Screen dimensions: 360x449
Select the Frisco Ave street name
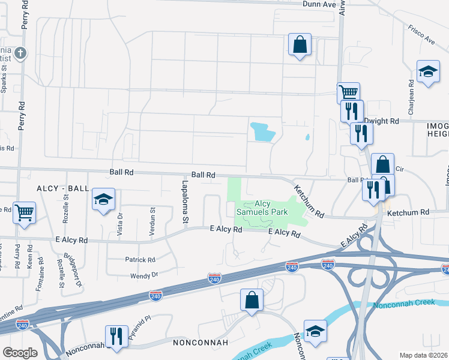[421, 35]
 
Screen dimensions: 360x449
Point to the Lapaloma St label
[185, 195]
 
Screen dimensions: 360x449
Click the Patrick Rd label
[140, 260]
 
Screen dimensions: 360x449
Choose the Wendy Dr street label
[144, 275]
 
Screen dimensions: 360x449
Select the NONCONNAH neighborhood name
[200, 343]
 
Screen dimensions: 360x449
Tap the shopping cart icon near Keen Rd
[24, 212]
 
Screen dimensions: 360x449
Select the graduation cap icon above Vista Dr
[103, 200]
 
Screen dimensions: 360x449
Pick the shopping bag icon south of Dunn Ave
[299, 44]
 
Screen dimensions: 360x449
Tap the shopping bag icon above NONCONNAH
[252, 300]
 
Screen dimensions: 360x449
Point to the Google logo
[20, 353]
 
